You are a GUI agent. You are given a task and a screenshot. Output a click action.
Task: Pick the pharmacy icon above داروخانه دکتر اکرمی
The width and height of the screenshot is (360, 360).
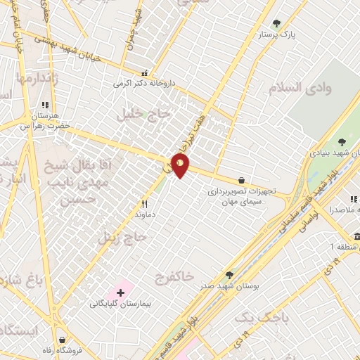[x=145, y=73]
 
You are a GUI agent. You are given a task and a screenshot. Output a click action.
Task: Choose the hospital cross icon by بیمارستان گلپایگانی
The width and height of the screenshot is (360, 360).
[x=120, y=291]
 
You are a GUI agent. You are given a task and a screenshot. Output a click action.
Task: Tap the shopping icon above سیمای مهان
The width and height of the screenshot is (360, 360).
[x=242, y=180]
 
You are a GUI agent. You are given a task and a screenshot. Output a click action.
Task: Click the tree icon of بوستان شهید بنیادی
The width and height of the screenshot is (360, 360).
[x=342, y=144]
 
